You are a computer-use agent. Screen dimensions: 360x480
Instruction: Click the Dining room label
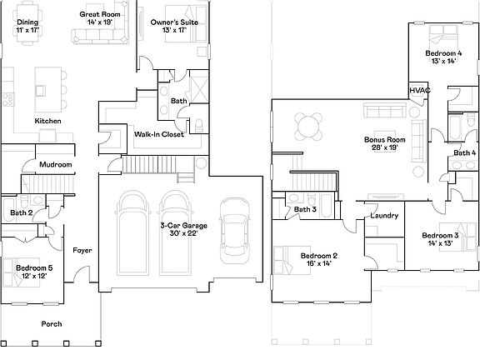tap(28, 22)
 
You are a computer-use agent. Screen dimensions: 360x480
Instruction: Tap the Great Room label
tap(100, 15)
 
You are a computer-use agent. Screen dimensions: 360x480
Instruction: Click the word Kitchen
tap(47, 121)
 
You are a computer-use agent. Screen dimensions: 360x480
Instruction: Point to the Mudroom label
tap(56, 165)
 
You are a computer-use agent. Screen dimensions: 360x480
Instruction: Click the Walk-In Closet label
tap(159, 133)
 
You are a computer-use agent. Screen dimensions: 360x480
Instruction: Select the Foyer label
tap(82, 250)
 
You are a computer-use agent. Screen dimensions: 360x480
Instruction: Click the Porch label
tap(52, 323)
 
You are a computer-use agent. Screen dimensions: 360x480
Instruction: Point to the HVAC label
tap(418, 90)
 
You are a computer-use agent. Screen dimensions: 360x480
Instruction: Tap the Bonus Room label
tap(384, 140)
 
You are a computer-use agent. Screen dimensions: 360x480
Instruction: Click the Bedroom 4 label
tap(442, 53)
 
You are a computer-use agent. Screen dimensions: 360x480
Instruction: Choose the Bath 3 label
tap(303, 209)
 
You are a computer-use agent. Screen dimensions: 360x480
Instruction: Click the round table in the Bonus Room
tap(308, 127)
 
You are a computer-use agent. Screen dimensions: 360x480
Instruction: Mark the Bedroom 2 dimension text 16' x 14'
tap(318, 262)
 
